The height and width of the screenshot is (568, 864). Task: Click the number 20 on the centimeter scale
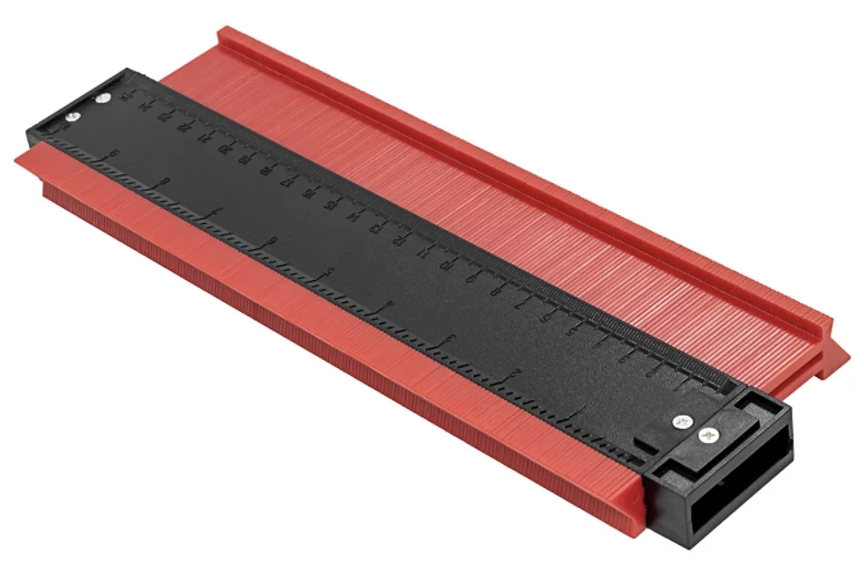click(224, 148)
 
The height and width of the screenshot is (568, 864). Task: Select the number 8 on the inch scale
click(164, 181)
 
